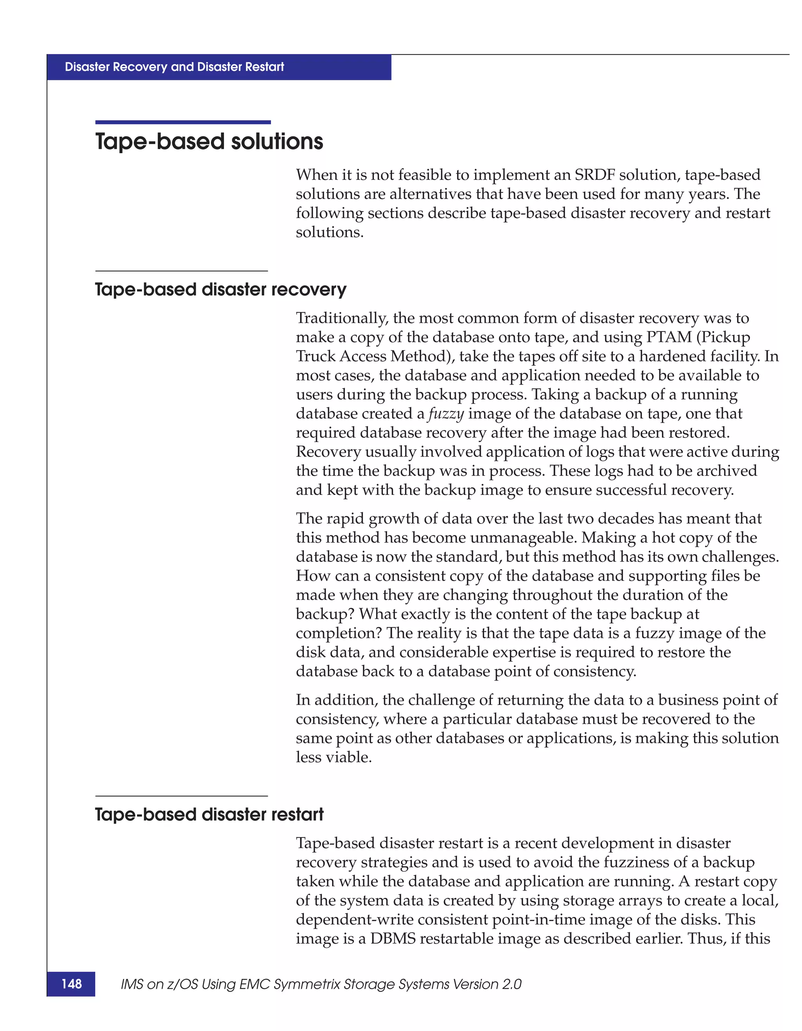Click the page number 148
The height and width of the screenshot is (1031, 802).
click(x=71, y=984)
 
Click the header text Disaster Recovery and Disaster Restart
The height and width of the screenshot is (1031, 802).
click(x=174, y=67)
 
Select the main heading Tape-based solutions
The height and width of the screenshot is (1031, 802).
click(x=209, y=142)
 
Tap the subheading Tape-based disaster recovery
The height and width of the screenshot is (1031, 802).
click(x=220, y=289)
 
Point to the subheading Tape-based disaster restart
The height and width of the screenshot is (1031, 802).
click(x=209, y=814)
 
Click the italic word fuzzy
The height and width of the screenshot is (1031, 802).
click(x=446, y=413)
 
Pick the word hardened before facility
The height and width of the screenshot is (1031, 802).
click(x=670, y=356)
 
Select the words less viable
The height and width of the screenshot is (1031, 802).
click(x=334, y=757)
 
